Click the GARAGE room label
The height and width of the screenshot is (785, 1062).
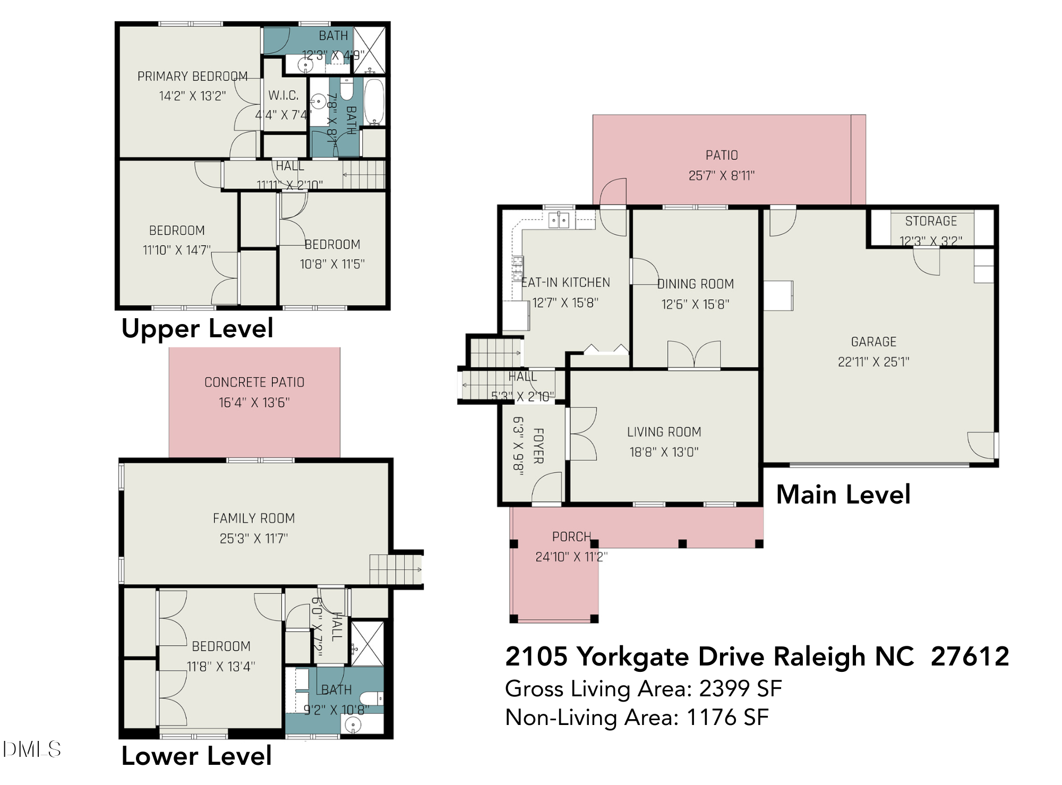click(x=873, y=342)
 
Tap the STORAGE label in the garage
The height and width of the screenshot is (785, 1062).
click(x=931, y=221)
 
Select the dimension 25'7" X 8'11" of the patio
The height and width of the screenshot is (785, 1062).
click(x=722, y=175)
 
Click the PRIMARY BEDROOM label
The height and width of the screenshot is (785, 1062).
click(x=192, y=76)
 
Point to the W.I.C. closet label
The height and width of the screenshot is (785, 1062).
click(x=283, y=96)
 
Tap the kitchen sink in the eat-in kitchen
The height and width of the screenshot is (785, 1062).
click(x=559, y=219)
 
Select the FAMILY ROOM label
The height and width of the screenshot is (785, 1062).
click(x=254, y=518)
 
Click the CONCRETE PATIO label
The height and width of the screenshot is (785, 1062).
click(x=254, y=382)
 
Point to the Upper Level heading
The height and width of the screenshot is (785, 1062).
click(x=197, y=328)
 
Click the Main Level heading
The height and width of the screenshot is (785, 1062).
click(x=843, y=494)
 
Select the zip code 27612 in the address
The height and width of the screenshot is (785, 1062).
click(x=970, y=656)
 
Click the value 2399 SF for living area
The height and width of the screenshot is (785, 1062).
click(x=740, y=689)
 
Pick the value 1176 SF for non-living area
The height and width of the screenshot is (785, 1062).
click(x=727, y=718)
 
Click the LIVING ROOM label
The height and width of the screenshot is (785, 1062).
click(x=664, y=432)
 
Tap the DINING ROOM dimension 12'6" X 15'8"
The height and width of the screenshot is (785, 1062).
click(x=695, y=304)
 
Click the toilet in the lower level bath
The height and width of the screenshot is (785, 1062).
click(x=370, y=697)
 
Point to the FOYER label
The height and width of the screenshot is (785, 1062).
click(x=538, y=446)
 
